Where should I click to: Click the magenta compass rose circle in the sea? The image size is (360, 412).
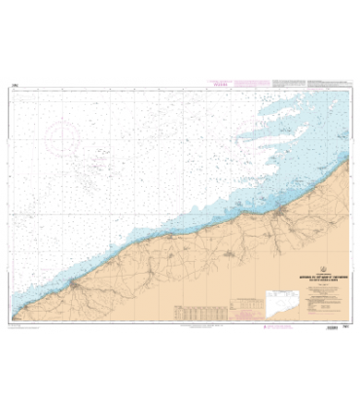click(64, 141)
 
